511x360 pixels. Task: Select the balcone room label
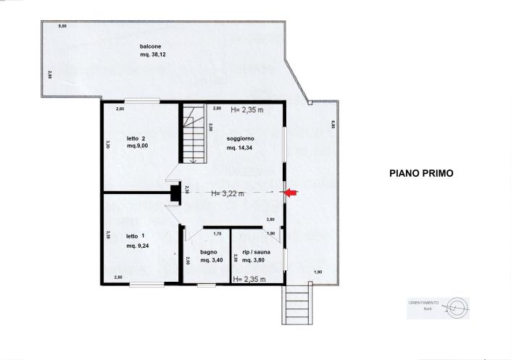(150, 46)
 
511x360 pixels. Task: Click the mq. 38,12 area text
(153, 54)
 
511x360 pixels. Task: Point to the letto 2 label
(136, 138)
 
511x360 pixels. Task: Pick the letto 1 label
(136, 236)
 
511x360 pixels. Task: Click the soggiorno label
(240, 138)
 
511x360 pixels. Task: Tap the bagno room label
(209, 252)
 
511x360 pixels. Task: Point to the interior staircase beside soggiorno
(193, 135)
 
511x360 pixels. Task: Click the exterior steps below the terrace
(298, 303)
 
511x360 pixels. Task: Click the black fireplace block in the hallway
(175, 193)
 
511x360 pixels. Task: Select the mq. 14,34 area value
(240, 148)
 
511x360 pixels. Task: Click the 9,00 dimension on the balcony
(62, 26)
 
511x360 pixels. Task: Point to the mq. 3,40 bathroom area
(212, 261)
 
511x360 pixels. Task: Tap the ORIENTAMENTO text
(423, 301)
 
